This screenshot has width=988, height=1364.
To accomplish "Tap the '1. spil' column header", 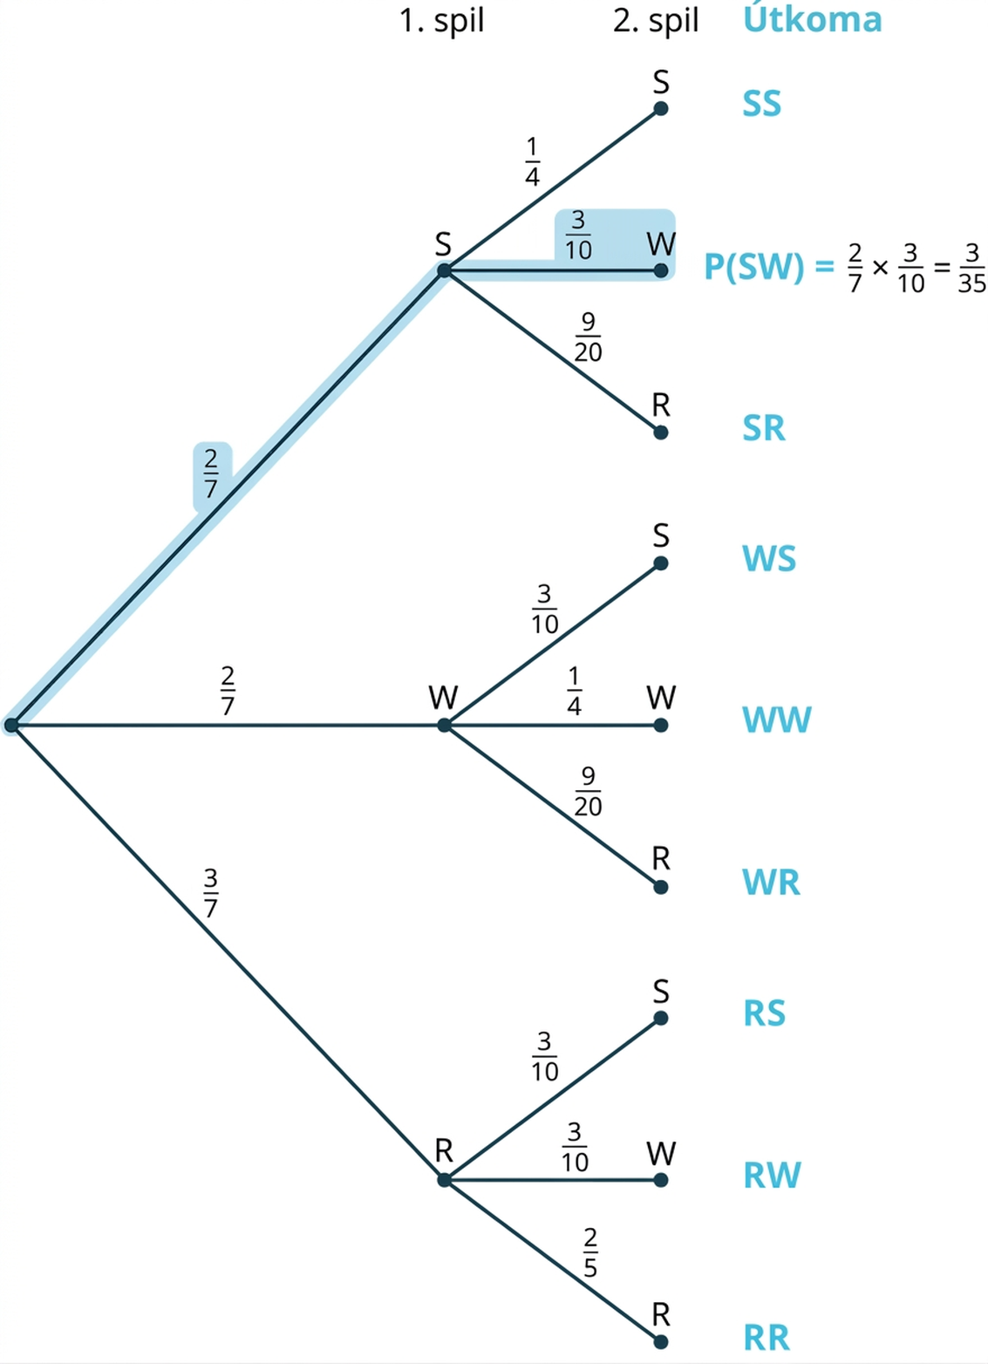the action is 442,21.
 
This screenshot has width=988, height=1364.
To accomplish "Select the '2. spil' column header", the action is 656,21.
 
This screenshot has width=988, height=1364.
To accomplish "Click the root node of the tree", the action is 11,725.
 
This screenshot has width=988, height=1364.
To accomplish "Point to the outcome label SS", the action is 761,104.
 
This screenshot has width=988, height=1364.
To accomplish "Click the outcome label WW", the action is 777,720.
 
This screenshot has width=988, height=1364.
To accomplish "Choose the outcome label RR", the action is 767,1338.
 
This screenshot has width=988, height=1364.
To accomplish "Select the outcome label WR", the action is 771,882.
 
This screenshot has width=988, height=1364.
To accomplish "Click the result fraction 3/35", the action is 971,268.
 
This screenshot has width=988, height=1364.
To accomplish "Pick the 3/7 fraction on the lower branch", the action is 211,893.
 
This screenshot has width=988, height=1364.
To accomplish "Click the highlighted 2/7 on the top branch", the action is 211,474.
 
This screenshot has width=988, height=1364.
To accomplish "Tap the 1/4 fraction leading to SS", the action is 532,161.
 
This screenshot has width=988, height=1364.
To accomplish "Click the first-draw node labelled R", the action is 445,1180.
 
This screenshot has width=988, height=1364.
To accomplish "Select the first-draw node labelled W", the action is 445,726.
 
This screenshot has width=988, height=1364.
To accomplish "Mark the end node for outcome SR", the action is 661,433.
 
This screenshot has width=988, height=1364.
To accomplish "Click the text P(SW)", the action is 753,266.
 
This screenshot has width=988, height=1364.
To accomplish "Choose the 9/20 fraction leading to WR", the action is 588,792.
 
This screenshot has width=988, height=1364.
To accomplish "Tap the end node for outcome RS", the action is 661,1018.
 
